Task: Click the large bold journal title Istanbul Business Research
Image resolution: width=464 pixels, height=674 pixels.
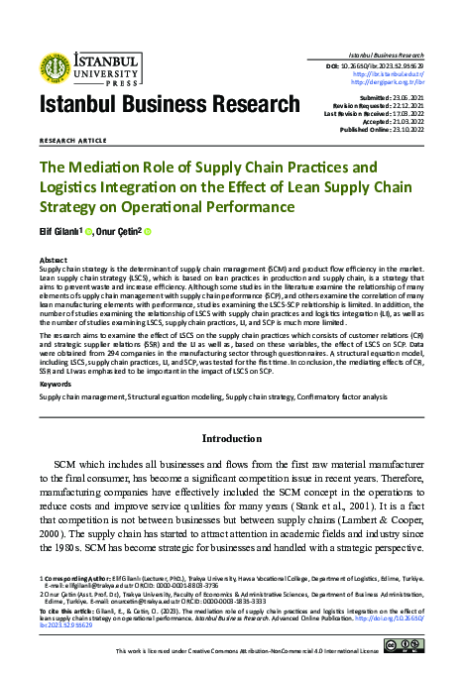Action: (169, 106)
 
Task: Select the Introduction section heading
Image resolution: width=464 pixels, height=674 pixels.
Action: (231, 436)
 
